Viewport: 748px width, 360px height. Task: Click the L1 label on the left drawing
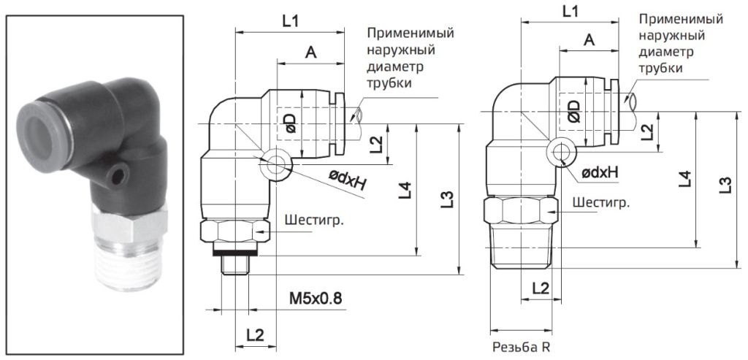[290, 21]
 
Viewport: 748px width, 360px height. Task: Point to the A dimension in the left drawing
[310, 53]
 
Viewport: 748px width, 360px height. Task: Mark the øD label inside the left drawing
[290, 123]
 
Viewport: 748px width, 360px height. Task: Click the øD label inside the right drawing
[573, 111]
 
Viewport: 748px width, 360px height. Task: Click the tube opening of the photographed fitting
[53, 118]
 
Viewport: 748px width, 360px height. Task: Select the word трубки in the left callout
[389, 83]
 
